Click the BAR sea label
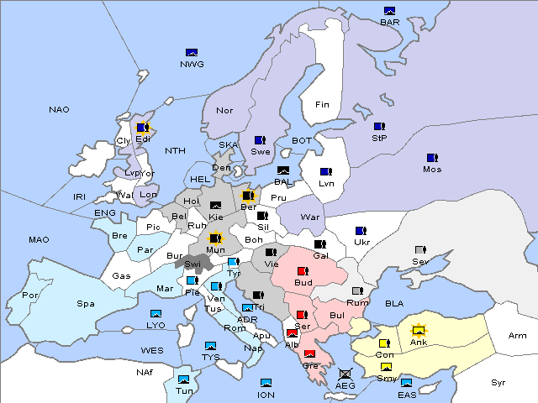[389, 23]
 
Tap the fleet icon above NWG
[192, 53]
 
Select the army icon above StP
[379, 127]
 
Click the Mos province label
[432, 169]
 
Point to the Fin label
[322, 105]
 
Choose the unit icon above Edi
[143, 128]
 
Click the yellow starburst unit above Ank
[418, 330]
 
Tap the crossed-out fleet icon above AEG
[345, 374]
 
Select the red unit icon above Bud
[303, 271]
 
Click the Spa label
[85, 303]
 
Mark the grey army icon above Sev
[420, 250]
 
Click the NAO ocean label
[59, 110]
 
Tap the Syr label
[498, 382]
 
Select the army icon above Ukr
[361, 231]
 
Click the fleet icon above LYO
[156, 314]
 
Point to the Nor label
[224, 110]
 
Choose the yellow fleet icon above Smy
[386, 367]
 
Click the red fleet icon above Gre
[309, 354]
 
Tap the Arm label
[518, 336]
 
